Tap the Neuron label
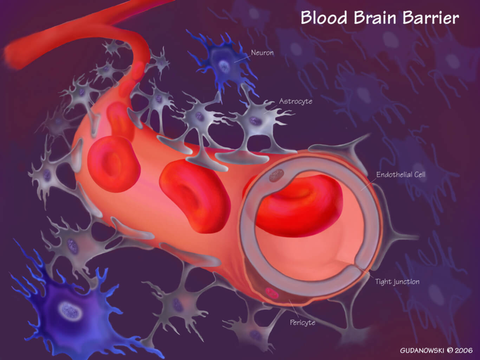[x=262, y=53]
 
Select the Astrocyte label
[x=296, y=101]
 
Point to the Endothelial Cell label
[x=401, y=174]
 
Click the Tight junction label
[x=397, y=282]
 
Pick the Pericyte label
[x=302, y=322]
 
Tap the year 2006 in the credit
[x=464, y=351]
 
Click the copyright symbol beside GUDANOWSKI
[x=450, y=351]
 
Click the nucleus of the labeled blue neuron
[x=224, y=65]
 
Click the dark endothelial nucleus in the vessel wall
[x=277, y=175]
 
